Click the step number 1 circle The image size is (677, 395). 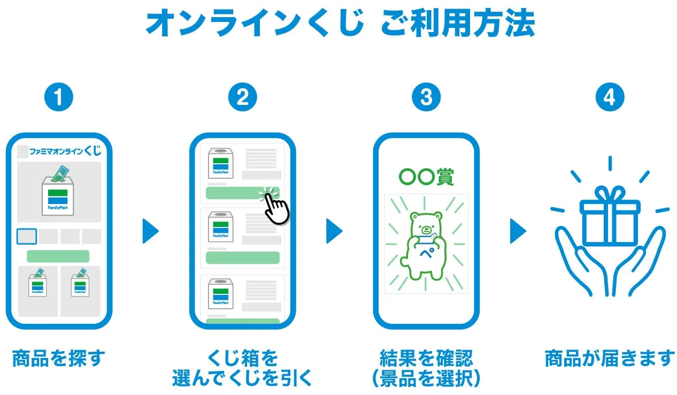pyautogui.click(x=59, y=97)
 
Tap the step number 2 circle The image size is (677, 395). pyautogui.click(x=242, y=97)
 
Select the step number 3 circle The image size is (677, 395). pyautogui.click(x=426, y=97)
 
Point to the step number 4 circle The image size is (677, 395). pyautogui.click(x=610, y=97)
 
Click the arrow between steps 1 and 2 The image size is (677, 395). pyautogui.click(x=150, y=231)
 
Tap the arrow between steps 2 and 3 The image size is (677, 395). pyautogui.click(x=334, y=231)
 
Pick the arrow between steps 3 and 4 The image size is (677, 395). pyautogui.click(x=518, y=231)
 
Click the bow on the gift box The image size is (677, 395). pyautogui.click(x=610, y=193)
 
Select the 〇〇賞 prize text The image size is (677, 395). pyautogui.click(x=426, y=177)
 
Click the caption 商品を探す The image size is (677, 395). pyautogui.click(x=59, y=358)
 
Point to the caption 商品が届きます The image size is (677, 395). pyautogui.click(x=610, y=358)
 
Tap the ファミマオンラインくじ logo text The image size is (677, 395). pyautogui.click(x=65, y=150)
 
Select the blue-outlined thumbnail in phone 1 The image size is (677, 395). pyautogui.click(x=27, y=236)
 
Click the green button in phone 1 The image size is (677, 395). pyautogui.click(x=58, y=256)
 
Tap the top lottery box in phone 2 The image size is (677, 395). pyautogui.click(x=221, y=163)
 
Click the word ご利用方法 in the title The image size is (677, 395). pyautogui.click(x=458, y=23)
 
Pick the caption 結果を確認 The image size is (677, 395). pyautogui.click(x=426, y=358)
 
